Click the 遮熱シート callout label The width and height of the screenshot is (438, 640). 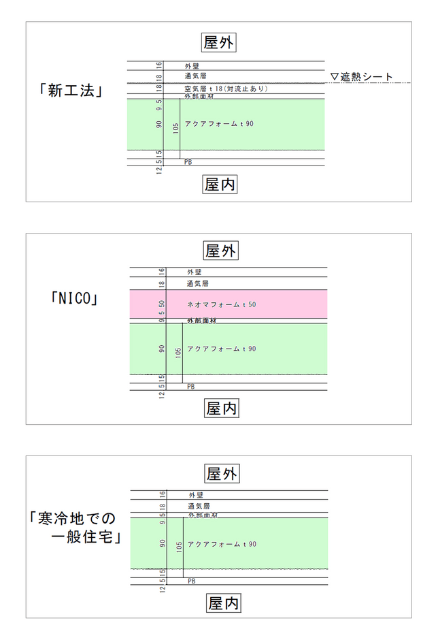click(361, 77)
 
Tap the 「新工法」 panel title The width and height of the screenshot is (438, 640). click(71, 91)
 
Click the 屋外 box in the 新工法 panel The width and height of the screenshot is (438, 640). click(220, 42)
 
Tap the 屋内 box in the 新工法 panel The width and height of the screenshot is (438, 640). click(220, 184)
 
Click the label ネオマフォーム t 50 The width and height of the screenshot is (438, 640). click(221, 304)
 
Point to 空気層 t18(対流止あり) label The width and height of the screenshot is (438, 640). click(226, 89)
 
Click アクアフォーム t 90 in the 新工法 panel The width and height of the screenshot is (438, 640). click(219, 124)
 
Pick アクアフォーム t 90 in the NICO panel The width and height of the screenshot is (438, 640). click(221, 349)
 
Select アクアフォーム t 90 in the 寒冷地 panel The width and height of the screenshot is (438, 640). click(222, 544)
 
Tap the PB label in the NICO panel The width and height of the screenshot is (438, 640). click(191, 386)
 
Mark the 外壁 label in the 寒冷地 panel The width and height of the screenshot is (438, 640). click(196, 495)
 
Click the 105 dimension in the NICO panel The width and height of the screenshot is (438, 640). click(178, 351)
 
